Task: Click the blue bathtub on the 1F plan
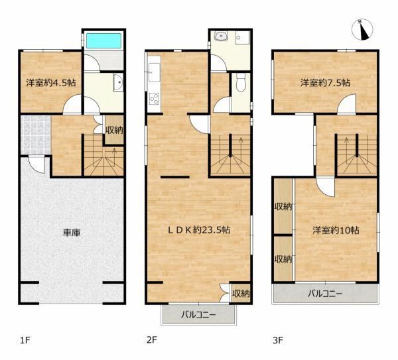click(x=103, y=40)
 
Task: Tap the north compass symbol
click(x=362, y=29)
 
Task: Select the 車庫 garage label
click(x=72, y=233)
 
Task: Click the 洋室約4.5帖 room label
click(x=51, y=83)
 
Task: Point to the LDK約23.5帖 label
click(x=199, y=230)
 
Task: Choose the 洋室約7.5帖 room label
click(x=325, y=83)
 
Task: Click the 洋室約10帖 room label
click(x=336, y=230)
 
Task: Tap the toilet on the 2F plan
click(x=240, y=83)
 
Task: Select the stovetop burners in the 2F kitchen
click(x=155, y=99)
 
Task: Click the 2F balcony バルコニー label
click(x=198, y=315)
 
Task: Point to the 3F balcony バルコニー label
click(x=325, y=294)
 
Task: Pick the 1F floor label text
click(x=25, y=340)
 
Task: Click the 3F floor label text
click(x=278, y=340)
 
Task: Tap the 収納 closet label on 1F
click(x=114, y=130)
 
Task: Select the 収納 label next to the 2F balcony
click(x=241, y=294)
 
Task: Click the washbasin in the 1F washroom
click(x=118, y=82)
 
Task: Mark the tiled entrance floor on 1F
click(x=36, y=135)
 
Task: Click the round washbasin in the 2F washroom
click(x=222, y=36)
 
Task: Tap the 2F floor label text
click(x=151, y=340)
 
